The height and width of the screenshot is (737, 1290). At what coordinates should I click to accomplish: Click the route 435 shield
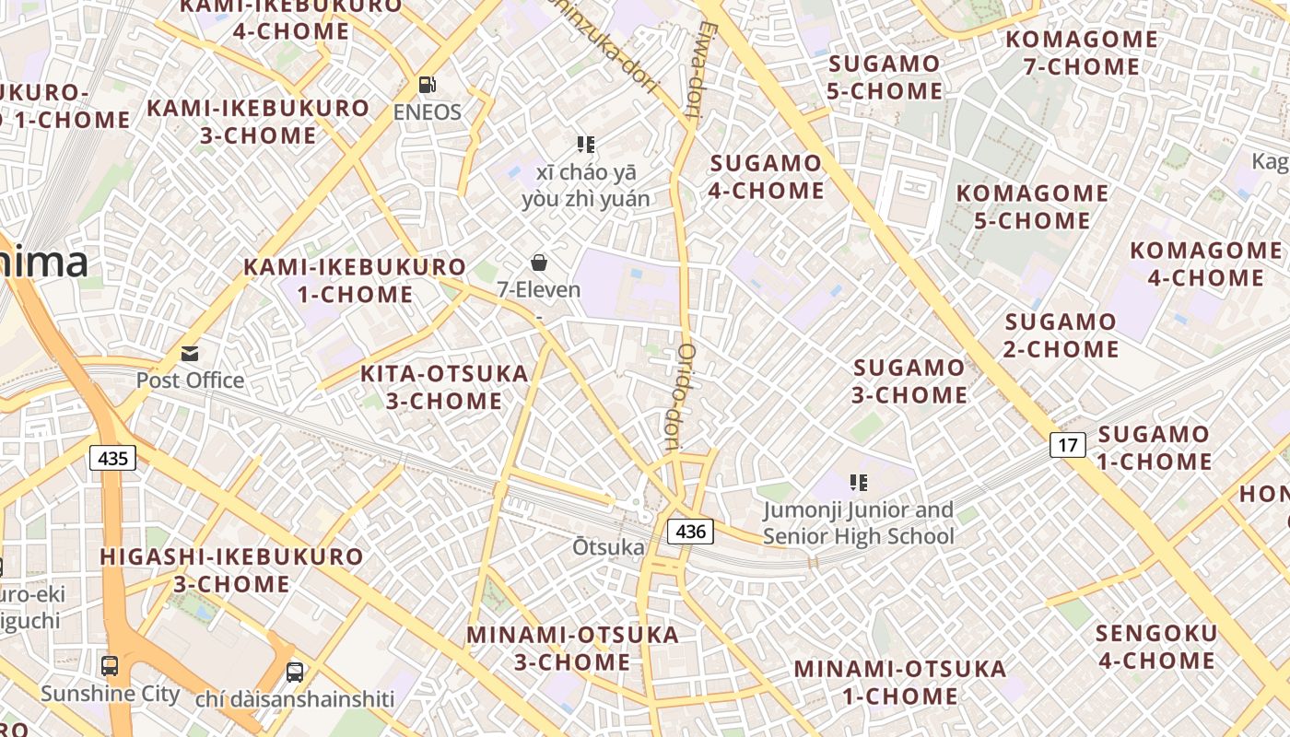coord(113,457)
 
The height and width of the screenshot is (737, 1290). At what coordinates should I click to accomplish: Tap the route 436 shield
coord(690,531)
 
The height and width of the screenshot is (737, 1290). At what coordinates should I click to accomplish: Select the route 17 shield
coord(1068,446)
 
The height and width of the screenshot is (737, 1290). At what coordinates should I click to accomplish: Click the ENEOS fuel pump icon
coord(427,85)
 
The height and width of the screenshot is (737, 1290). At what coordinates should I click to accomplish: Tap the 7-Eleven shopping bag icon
coord(539,263)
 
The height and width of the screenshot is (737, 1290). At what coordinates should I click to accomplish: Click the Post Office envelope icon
coord(190,354)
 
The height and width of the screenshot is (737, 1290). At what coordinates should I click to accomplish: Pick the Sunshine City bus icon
coord(110,665)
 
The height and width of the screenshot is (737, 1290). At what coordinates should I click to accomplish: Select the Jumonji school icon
coord(858,482)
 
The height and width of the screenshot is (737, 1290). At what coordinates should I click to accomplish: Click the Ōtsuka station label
coord(609,547)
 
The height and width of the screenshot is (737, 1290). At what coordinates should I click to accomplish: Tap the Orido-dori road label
coord(679,396)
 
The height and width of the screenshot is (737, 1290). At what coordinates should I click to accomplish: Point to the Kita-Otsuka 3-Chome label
coord(444,387)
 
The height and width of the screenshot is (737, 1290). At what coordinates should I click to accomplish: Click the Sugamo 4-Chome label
coord(767,177)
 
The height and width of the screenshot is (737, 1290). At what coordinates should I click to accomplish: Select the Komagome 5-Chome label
coord(1032,207)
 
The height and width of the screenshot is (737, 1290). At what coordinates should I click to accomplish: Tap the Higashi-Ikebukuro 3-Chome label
coord(232,570)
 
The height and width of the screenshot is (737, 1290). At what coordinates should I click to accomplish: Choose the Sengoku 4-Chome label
coord(1156,647)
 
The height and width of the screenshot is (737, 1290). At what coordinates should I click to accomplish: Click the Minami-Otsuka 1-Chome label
coord(900,682)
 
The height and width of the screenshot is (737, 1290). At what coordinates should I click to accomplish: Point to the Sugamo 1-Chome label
coord(1155,448)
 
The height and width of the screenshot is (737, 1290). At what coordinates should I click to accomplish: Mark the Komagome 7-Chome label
coord(1082,53)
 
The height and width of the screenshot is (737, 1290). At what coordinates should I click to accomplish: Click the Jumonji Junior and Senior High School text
coord(859,523)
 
